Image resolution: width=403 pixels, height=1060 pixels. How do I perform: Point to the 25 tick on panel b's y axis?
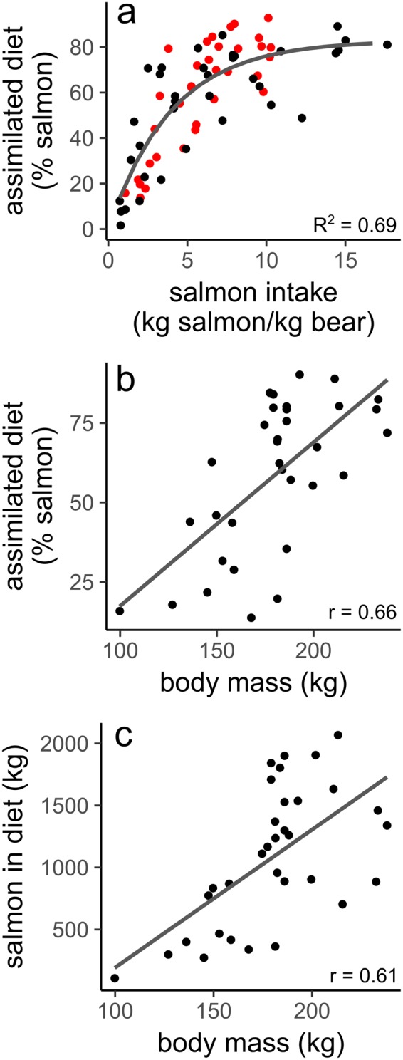85,582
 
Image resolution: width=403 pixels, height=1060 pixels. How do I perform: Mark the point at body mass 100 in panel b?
120,610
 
